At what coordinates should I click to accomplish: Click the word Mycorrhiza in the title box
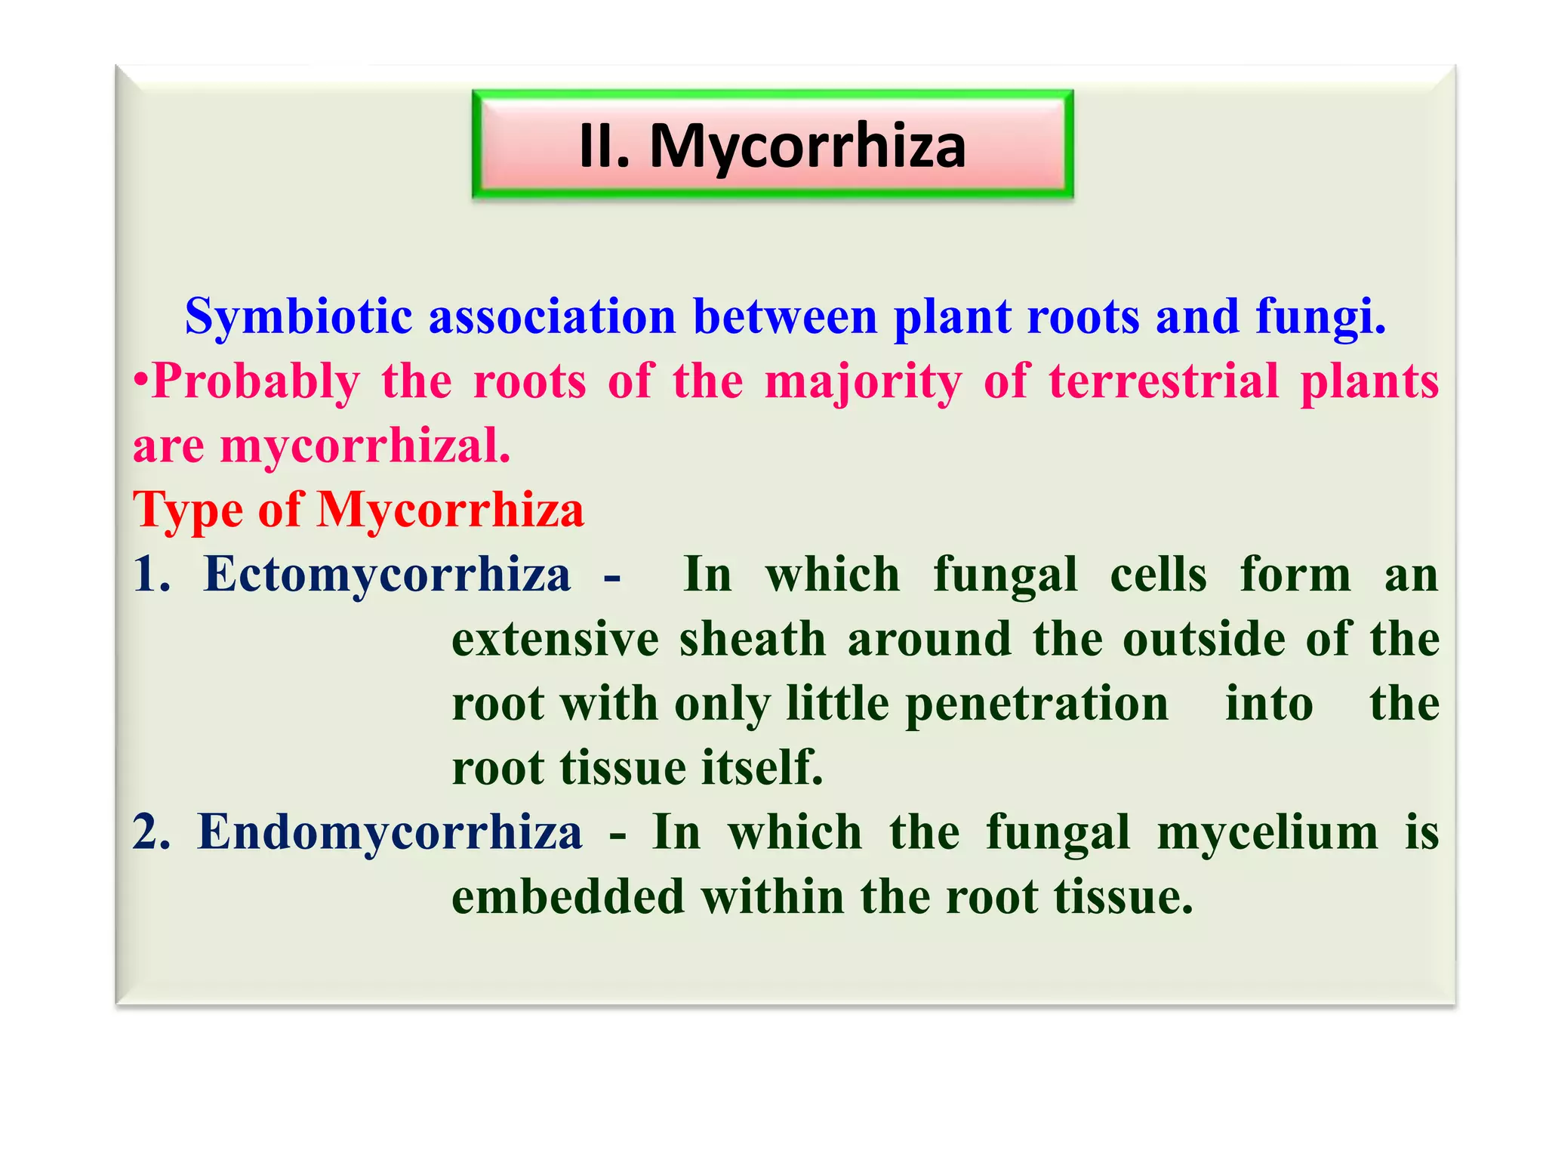807,147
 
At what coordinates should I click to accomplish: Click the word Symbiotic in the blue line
298,316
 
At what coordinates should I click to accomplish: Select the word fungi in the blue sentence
1320,316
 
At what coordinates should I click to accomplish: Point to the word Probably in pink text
256,381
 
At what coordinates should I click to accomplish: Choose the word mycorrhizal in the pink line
365,446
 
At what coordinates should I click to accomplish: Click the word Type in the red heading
187,511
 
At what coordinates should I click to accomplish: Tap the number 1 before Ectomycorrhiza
148,575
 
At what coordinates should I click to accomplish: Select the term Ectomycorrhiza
387,575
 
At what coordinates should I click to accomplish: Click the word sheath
753,640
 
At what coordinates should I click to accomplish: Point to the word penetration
1036,704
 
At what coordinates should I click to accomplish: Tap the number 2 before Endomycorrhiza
149,833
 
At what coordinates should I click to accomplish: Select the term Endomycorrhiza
390,833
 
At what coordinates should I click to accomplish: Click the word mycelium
1267,833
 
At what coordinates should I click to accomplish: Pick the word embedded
568,897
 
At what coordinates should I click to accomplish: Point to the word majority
863,381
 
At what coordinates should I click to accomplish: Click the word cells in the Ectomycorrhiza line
1158,575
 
